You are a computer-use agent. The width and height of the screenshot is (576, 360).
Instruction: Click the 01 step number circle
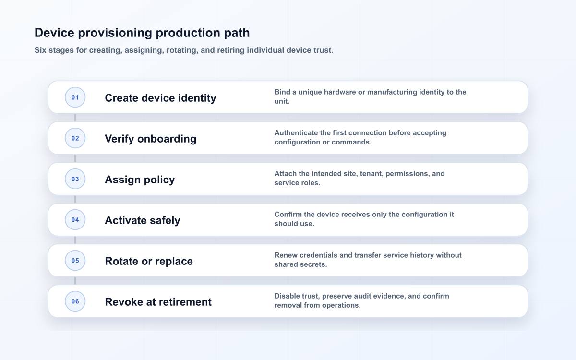tap(75, 97)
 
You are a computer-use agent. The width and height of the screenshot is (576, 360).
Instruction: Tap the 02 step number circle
tap(75, 138)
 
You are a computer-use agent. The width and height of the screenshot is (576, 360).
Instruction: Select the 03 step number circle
tap(75, 179)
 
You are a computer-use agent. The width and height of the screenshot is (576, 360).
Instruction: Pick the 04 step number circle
tap(75, 220)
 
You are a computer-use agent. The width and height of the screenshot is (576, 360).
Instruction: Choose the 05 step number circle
tap(75, 261)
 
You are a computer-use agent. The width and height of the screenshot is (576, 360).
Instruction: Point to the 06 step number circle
tap(75, 301)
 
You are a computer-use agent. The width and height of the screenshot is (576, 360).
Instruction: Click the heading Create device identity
tap(160, 98)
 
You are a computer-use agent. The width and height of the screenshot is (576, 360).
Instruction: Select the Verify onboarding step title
tap(150, 139)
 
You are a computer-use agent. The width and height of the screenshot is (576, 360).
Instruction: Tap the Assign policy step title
tap(140, 180)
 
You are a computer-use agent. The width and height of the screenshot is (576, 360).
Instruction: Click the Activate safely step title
tap(143, 220)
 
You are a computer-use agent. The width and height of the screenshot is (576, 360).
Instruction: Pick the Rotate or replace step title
tap(149, 261)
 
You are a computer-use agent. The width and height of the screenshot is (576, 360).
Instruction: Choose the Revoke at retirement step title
tap(158, 302)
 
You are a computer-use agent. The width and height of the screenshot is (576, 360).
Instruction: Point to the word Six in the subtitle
tap(40, 50)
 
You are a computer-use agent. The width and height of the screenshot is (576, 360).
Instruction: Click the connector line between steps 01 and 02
tap(75, 118)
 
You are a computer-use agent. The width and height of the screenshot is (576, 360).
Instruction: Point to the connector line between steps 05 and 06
tap(75, 281)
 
